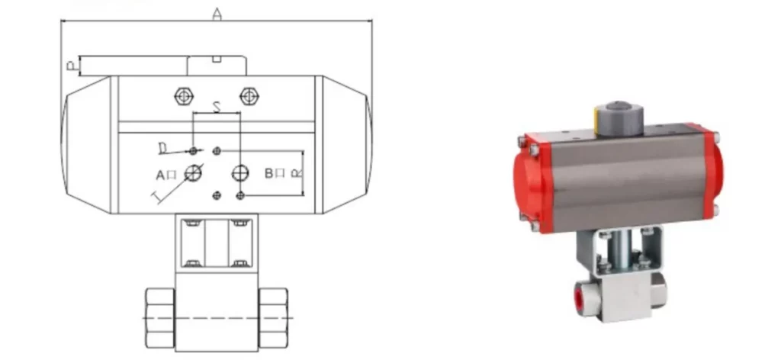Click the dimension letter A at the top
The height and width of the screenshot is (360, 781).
217,13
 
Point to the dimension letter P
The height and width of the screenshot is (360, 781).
70,67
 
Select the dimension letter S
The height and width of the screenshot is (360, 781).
217,108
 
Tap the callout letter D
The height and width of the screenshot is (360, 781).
162,146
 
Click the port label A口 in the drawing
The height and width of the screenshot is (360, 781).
166,175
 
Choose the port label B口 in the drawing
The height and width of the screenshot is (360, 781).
275,173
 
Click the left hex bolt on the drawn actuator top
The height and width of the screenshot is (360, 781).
183,96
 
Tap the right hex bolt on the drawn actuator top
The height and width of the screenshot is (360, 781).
247,96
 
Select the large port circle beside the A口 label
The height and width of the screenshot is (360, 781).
194,172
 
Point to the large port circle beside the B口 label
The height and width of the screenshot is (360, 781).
241,172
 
